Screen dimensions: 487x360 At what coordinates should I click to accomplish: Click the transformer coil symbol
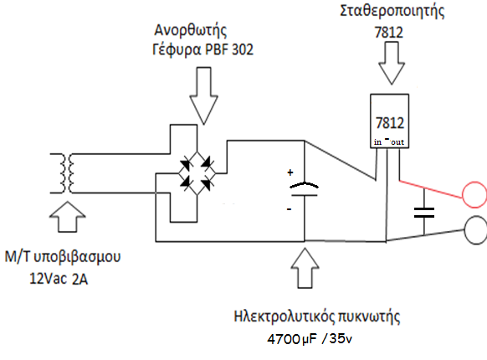[67, 173]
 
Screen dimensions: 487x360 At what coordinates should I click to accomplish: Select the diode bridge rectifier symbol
[197, 173]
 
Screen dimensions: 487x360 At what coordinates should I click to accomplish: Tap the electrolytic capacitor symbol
[304, 189]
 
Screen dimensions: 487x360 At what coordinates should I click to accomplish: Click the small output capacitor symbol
[424, 213]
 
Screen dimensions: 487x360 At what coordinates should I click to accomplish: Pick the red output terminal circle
[463, 194]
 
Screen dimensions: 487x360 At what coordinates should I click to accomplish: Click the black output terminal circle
[465, 230]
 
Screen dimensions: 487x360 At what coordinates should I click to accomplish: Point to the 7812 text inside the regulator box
[390, 123]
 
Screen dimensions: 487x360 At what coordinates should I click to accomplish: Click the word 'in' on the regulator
[377, 142]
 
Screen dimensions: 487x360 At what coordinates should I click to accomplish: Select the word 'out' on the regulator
[397, 142]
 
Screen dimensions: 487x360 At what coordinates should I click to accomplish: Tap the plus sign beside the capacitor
[290, 172]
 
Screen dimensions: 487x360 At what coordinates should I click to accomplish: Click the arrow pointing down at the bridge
[203, 95]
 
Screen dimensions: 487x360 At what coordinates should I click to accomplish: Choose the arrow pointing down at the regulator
[392, 63]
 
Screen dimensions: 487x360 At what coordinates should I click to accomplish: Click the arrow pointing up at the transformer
[68, 217]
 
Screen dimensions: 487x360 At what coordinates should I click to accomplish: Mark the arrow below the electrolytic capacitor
[305, 268]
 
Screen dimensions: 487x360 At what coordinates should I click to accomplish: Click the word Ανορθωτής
[191, 30]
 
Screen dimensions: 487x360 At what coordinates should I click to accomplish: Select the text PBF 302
[229, 49]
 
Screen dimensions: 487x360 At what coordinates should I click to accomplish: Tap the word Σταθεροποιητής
[392, 11]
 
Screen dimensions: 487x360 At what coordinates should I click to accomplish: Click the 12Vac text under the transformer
[49, 279]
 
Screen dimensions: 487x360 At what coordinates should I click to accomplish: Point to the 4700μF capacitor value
[292, 339]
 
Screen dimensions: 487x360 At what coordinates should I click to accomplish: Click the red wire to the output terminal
[431, 189]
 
